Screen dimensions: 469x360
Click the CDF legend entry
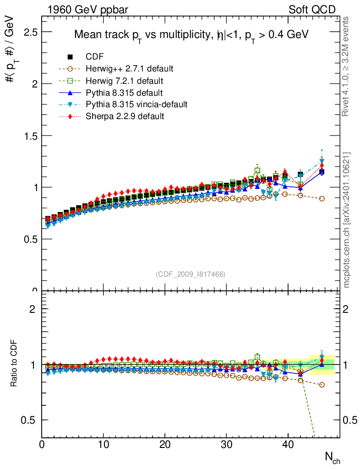click(x=95, y=57)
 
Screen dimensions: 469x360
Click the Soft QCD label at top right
click(x=312, y=9)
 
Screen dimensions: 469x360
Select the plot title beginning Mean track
click(x=191, y=35)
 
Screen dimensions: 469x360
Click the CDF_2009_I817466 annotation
click(x=191, y=274)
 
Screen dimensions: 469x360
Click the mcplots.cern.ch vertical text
click(x=347, y=220)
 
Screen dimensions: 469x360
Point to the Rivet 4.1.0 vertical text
click(x=347, y=66)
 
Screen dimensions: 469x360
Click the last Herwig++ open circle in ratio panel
click(x=322, y=385)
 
